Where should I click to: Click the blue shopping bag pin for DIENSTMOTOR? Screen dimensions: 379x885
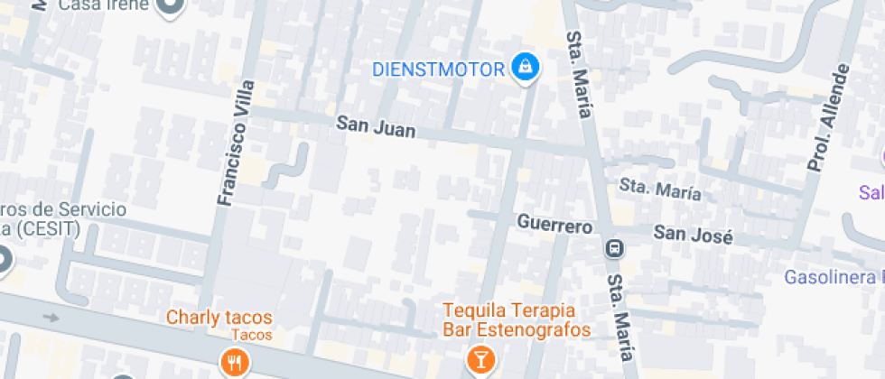[524, 67]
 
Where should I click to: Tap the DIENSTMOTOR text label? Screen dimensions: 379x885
[440, 69]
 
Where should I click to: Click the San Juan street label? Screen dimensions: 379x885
[376, 126]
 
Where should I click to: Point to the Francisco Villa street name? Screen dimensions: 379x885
[234, 143]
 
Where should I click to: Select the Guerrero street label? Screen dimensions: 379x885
[554, 223]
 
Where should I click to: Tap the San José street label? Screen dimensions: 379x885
[693, 235]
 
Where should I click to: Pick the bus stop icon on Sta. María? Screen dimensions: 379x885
[615, 247]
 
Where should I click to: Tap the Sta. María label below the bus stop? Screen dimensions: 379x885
[621, 315]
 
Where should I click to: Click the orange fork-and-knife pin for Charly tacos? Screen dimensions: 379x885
[234, 363]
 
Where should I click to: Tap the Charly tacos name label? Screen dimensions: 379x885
[219, 318]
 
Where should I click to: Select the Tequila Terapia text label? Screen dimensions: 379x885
[516, 310]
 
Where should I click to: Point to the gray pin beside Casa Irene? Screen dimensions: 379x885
[170, 6]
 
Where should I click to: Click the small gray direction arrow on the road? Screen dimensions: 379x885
[52, 317]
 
